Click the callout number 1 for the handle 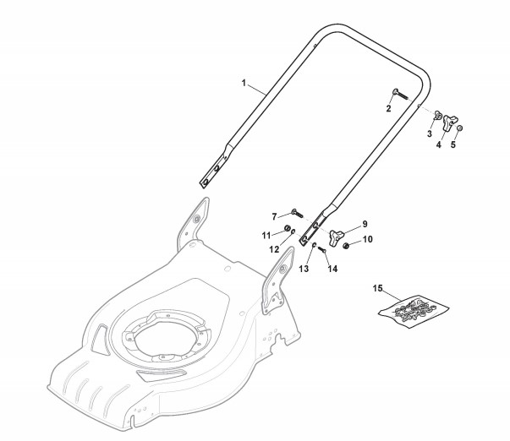244,83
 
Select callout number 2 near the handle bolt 389,109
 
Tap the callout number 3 429,134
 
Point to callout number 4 438,144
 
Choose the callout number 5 452,144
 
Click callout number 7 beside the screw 274,216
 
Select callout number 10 367,240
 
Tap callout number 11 266,234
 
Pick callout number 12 273,249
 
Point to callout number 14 332,269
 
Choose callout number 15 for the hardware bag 378,289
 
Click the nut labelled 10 346,246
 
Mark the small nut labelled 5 460,128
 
